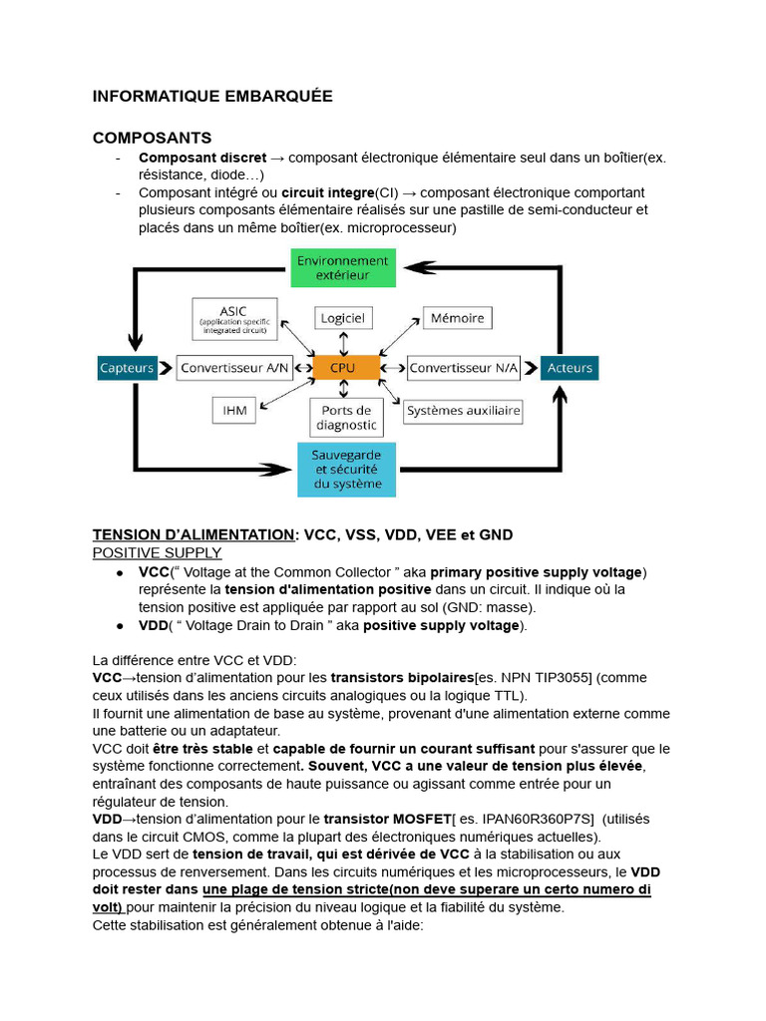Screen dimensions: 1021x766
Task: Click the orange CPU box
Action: (344, 367)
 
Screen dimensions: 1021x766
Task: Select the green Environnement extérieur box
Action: (344, 266)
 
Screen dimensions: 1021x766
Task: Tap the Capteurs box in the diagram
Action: (128, 367)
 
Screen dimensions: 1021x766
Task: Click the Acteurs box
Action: (570, 367)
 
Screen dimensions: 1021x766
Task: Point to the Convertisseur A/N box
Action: (234, 367)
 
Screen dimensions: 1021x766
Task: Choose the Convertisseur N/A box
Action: (464, 367)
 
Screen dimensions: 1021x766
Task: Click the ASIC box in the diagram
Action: (235, 317)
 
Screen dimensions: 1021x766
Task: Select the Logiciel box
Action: (343, 318)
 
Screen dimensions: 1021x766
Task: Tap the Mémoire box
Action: (457, 318)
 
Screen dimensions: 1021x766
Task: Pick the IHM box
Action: (234, 410)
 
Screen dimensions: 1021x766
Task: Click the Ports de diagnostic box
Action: (346, 418)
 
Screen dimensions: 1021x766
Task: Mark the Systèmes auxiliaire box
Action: (464, 410)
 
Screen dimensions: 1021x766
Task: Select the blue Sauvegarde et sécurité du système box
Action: (347, 469)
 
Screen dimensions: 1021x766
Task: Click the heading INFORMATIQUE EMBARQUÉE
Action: (212, 97)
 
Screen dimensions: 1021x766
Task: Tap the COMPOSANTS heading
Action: (152, 138)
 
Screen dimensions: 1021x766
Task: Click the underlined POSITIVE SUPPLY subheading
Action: (157, 552)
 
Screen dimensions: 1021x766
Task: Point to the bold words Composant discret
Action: (202, 158)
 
